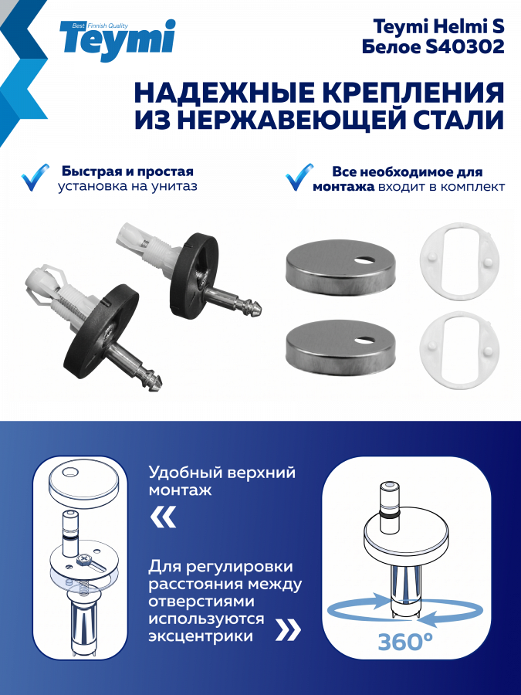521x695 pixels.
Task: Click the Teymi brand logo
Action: [117, 40]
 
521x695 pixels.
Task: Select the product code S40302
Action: [464, 46]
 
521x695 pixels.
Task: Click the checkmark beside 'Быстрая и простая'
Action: [35, 178]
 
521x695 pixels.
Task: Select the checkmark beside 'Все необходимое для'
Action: [299, 177]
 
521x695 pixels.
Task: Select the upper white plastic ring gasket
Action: [459, 261]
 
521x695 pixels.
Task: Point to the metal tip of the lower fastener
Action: [153, 381]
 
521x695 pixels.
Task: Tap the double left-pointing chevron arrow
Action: [164, 517]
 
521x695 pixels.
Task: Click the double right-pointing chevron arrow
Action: [289, 630]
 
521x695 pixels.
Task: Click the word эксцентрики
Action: [201, 636]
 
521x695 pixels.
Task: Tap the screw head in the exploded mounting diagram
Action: [83, 561]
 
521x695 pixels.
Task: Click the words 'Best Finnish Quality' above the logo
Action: [100, 25]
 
